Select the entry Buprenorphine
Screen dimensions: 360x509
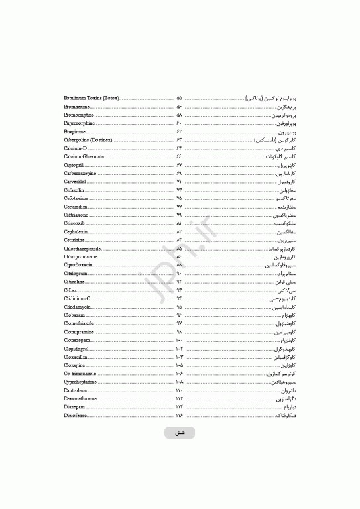pos(80,123)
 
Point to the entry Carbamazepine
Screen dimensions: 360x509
pos(81,173)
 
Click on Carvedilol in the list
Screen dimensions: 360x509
pos(76,181)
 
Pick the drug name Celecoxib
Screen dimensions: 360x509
pos(75,223)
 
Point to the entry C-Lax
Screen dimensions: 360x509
pos(70,290)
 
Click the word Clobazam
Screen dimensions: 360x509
pos(74,315)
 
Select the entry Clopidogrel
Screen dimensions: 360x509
pos(76,348)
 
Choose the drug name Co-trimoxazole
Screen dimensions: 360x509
pos(80,373)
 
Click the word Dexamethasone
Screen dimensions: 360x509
pos(80,398)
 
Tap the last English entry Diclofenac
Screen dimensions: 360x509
pos(76,415)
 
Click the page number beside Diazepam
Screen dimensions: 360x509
pos(179,407)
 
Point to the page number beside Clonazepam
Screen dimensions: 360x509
pos(179,340)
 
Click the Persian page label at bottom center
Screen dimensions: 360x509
pos(180,433)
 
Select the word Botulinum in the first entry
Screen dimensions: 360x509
pos(76,98)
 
